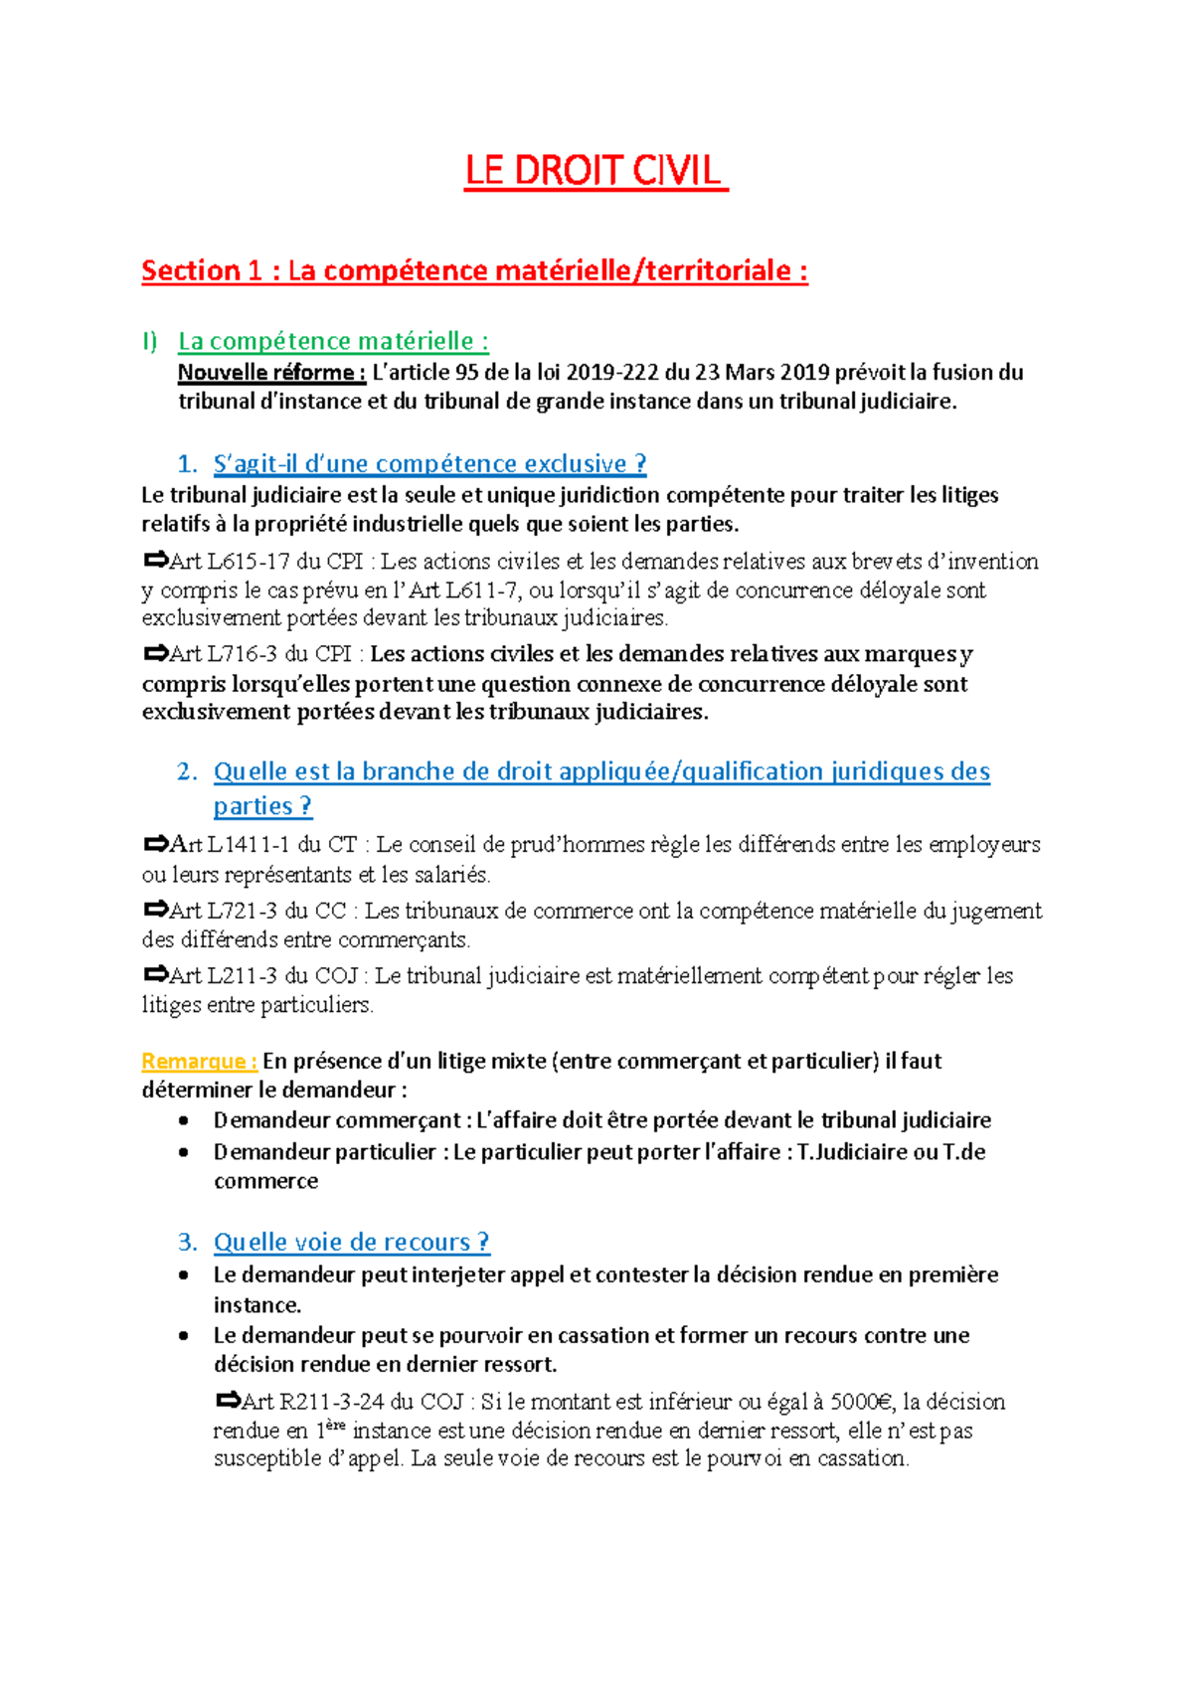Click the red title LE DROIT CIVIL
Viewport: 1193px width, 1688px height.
(595, 171)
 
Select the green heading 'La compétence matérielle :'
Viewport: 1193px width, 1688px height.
(332, 341)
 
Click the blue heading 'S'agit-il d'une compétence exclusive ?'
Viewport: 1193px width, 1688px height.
(429, 463)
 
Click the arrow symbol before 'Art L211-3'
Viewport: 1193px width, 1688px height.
(155, 974)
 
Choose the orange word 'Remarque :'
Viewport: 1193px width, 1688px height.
(199, 1061)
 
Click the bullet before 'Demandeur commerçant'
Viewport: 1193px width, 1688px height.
(183, 1120)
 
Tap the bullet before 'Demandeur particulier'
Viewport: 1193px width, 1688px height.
(183, 1152)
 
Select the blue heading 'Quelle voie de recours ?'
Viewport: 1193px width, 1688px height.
(350, 1242)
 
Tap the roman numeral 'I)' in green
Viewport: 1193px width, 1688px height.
(149, 342)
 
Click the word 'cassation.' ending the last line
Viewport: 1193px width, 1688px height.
(862, 1458)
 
